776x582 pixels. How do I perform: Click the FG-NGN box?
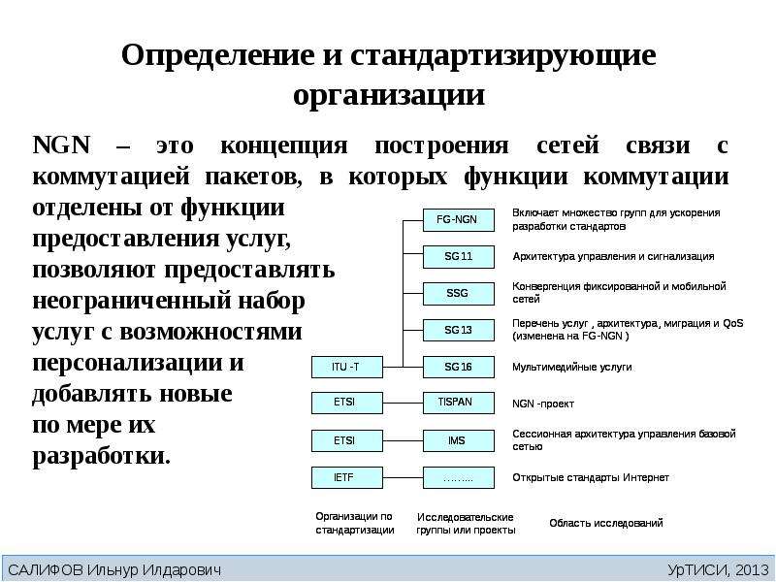click(x=458, y=220)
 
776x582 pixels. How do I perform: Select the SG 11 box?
click(x=458, y=257)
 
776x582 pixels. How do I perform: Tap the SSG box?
click(x=458, y=294)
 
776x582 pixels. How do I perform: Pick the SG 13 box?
click(x=458, y=330)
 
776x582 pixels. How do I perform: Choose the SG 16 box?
click(x=458, y=368)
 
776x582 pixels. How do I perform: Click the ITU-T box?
click(x=347, y=368)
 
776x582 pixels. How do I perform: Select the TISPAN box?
click(x=458, y=403)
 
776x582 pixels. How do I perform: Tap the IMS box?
click(x=458, y=440)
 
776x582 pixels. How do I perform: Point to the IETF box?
click(x=347, y=478)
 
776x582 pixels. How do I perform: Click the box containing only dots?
click(x=458, y=478)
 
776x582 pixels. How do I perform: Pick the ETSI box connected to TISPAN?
click(x=347, y=403)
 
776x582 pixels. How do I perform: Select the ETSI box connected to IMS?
click(x=347, y=440)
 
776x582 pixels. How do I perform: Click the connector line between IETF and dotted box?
click(x=403, y=478)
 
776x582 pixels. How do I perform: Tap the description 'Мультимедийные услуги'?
click(x=571, y=368)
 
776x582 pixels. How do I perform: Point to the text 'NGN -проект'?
click(x=543, y=404)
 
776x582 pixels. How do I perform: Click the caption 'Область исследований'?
click(x=605, y=523)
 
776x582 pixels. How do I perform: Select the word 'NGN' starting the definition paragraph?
click(x=62, y=145)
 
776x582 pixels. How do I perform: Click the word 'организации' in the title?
click(x=389, y=94)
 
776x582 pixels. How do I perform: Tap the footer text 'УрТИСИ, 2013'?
click(x=718, y=569)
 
